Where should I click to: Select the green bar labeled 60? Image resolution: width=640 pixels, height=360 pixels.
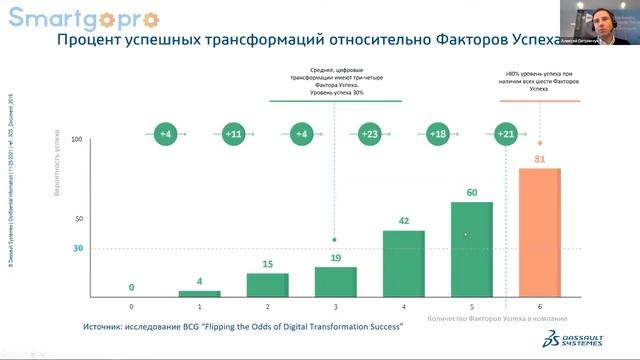(472, 249)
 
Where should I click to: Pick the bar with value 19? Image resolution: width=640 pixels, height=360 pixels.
(335, 281)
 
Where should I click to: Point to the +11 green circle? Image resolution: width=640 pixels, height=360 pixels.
(234, 133)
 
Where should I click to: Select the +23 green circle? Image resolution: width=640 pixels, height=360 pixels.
(370, 133)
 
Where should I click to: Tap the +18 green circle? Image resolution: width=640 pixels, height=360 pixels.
(437, 133)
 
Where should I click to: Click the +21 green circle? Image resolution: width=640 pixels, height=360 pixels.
(506, 133)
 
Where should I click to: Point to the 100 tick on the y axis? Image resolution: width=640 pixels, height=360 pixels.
(76, 140)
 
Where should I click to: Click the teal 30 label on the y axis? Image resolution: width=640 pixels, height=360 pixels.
(77, 248)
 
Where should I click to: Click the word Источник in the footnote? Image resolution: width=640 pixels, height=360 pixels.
(108, 327)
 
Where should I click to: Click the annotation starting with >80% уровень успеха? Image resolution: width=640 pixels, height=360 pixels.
(540, 79)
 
